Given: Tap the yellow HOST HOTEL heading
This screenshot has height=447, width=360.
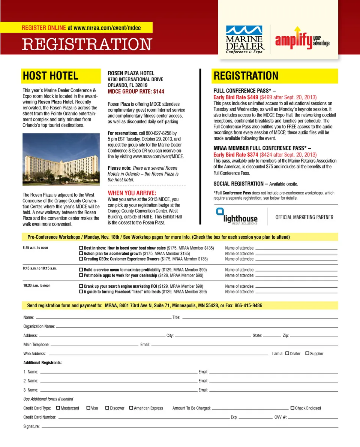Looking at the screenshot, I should (51, 76).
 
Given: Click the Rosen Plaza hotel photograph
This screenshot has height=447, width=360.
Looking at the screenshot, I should (61, 160).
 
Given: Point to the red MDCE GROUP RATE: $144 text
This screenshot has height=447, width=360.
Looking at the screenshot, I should (136, 91).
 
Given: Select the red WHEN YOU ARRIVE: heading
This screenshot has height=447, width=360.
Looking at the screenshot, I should (132, 193).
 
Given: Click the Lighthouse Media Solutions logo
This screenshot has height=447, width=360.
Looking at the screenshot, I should (237, 217).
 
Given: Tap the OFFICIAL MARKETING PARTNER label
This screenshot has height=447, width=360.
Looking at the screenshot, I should (304, 217).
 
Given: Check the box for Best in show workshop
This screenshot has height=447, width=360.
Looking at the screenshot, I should (81, 248).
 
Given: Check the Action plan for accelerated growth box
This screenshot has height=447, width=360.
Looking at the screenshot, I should (81, 254).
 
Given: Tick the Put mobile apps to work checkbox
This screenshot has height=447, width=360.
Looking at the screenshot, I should (81, 275).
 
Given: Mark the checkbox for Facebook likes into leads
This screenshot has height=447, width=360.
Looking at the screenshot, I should (81, 292).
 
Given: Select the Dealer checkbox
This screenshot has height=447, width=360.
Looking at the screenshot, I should (287, 353).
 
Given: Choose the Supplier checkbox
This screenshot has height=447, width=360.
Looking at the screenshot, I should (307, 353).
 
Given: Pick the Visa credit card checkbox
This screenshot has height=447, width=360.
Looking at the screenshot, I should (88, 408).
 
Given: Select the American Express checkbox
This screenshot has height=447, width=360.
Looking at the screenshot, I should (131, 408).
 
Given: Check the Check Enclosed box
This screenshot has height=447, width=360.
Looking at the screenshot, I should (292, 408).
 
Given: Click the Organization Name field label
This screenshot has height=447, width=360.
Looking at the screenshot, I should (39, 327).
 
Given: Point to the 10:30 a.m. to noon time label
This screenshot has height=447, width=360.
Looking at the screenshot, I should (37, 286).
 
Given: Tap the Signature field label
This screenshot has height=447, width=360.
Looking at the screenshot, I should (31, 426).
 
